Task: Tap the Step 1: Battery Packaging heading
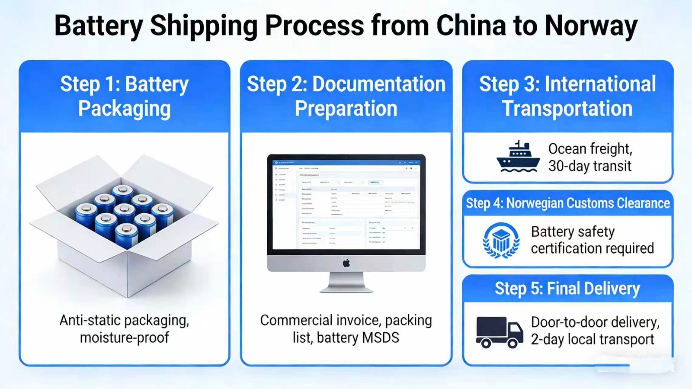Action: (x=125, y=96)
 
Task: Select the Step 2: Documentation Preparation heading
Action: (x=346, y=96)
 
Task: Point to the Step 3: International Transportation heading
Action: (x=567, y=96)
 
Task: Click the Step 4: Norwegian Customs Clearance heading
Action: (x=567, y=203)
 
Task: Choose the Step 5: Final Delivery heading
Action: (x=567, y=289)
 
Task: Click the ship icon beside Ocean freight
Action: (x=518, y=157)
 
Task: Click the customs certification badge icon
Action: (x=501, y=241)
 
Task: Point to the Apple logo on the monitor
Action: (x=346, y=263)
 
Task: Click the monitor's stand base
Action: (x=346, y=289)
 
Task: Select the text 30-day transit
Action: (x=589, y=166)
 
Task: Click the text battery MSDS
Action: (x=358, y=338)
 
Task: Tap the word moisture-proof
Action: (x=125, y=338)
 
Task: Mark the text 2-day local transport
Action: (x=592, y=340)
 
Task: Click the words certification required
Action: (x=592, y=249)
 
